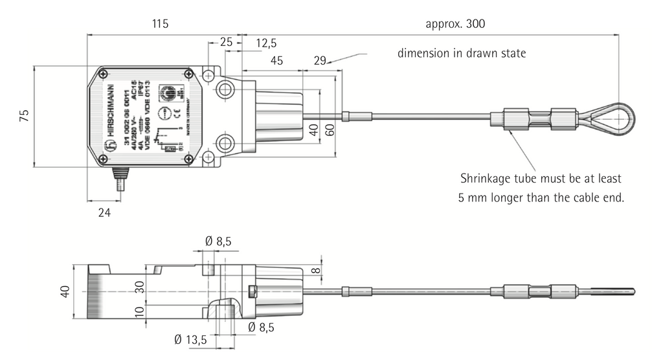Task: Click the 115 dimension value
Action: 160,24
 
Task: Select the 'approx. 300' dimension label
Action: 455,24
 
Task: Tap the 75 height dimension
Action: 24,116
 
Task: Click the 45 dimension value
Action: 276,61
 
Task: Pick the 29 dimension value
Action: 319,61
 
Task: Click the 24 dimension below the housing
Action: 104,212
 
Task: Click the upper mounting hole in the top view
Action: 225,90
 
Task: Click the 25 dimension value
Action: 226,43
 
